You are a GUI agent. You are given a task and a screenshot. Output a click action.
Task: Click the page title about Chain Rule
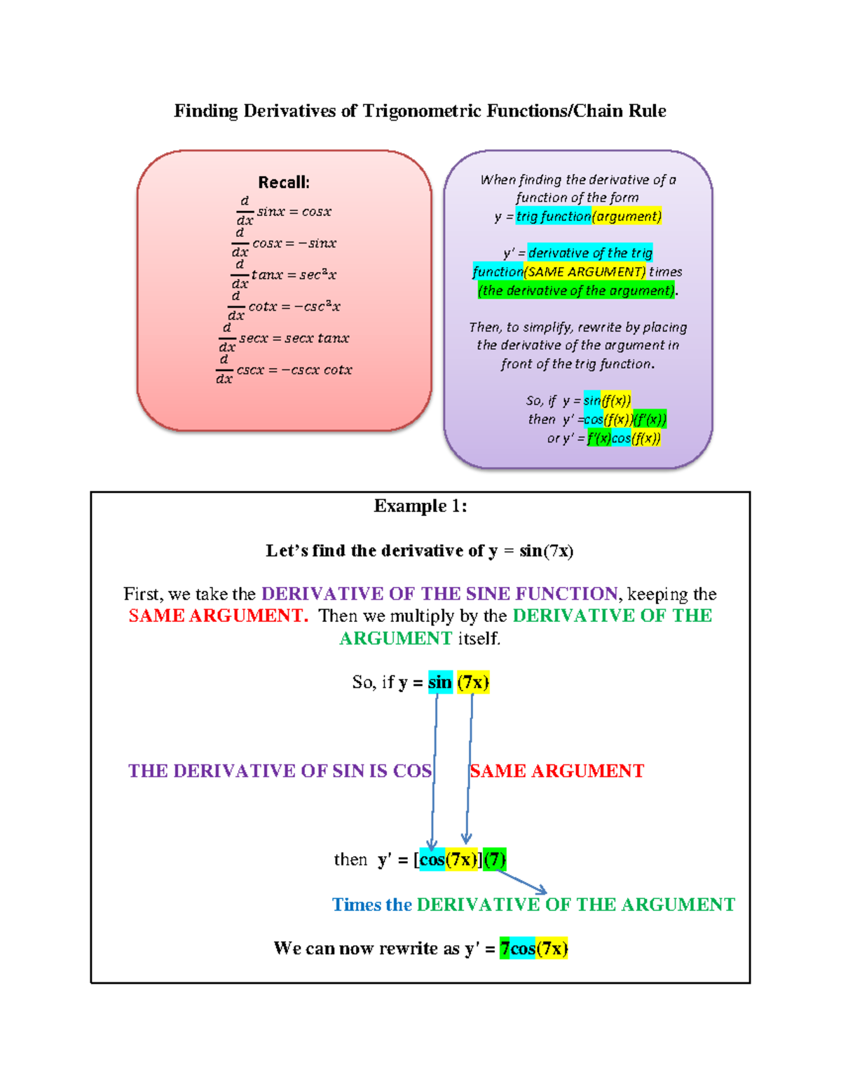[420, 111]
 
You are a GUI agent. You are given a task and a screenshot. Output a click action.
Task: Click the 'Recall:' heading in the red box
[284, 182]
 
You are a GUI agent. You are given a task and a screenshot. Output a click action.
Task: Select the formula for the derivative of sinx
[284, 211]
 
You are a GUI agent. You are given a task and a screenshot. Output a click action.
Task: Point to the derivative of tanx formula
[284, 275]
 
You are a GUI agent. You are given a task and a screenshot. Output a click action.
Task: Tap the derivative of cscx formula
[284, 370]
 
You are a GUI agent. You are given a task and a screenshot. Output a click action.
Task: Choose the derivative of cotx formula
[284, 306]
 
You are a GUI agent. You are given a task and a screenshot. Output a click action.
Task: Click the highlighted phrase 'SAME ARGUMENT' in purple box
[585, 271]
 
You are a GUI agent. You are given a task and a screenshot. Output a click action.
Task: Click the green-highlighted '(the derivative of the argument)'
[576, 290]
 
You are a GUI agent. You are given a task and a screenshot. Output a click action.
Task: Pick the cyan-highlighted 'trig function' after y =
[554, 216]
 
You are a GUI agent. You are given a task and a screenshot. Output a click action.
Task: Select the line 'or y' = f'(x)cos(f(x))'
[603, 438]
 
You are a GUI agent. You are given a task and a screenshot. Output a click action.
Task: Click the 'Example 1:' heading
[420, 506]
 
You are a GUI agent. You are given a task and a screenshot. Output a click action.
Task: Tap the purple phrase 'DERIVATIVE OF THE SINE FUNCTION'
[439, 594]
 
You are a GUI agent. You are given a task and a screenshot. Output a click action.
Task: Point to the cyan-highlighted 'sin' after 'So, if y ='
[440, 682]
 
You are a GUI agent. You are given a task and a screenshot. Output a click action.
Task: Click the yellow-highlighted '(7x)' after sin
[472, 682]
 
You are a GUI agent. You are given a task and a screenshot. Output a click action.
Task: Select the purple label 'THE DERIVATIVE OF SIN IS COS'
[280, 771]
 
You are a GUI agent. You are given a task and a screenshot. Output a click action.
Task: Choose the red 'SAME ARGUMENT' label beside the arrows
[556, 771]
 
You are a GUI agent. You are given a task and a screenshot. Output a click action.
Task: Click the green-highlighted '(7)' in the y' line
[495, 859]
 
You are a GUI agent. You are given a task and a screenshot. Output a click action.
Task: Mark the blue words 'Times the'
[371, 905]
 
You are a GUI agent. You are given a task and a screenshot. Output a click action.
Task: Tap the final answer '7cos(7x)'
[533, 949]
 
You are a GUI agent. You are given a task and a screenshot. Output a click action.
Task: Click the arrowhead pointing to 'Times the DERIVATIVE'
[542, 891]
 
